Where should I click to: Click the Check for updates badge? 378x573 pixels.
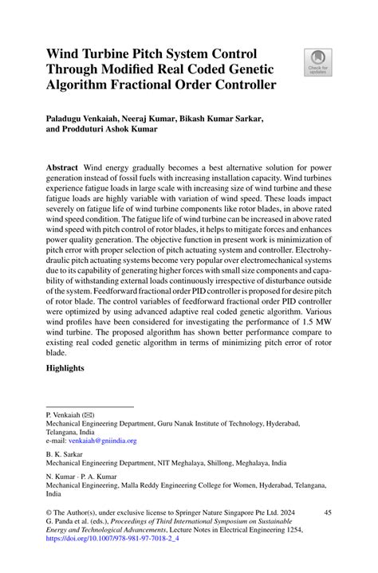[318, 62]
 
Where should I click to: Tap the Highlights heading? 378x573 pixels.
[71, 370]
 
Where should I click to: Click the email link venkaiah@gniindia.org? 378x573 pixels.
[103, 440]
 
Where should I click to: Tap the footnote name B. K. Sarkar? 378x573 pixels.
[67, 453]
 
